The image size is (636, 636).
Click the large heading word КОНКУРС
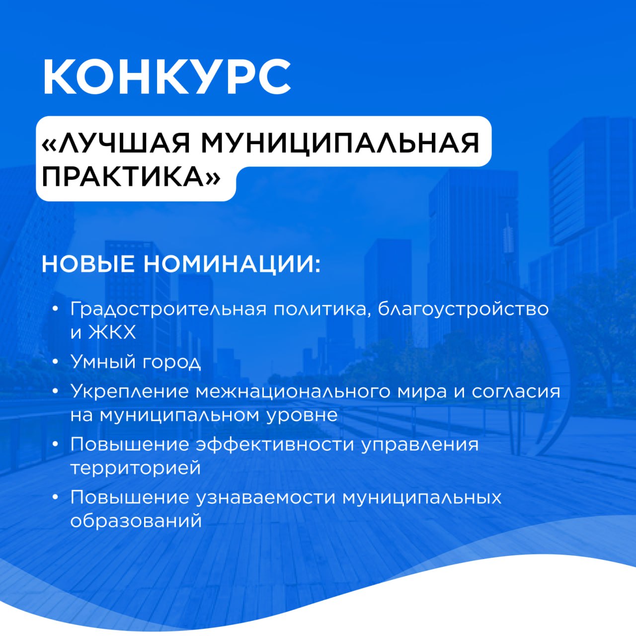pos(166,77)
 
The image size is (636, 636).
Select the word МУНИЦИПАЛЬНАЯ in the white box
pos(340,144)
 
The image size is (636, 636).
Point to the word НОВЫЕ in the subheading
pos(88,264)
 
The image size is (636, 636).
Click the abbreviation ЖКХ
pos(112,332)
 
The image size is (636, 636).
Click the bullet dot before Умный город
pos(56,362)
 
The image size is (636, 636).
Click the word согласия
pos(516,392)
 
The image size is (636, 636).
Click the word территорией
pos(136,468)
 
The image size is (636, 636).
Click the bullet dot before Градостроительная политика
pos(56,309)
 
